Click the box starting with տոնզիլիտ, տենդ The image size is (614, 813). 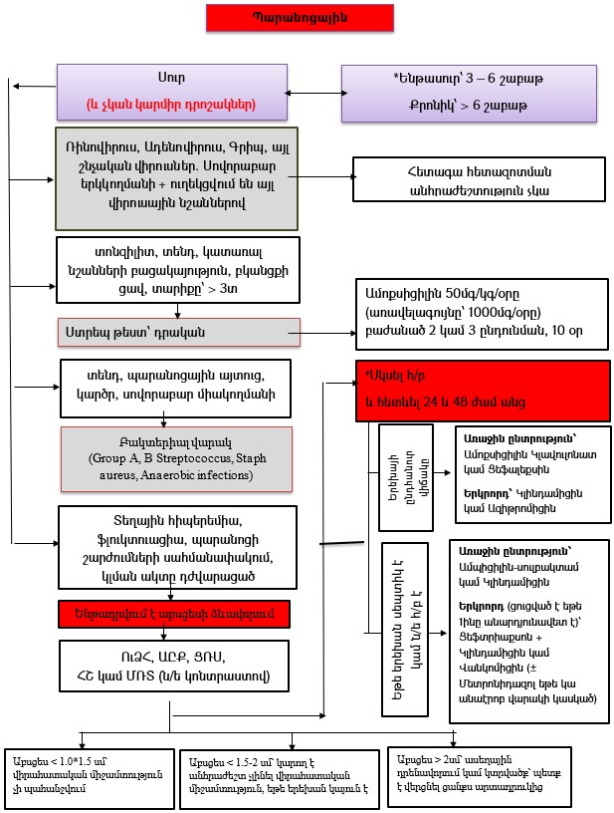[174, 268]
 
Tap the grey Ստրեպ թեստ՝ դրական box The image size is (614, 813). [179, 331]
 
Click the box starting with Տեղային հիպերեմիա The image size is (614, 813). [175, 547]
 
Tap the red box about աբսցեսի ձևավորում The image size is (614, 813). [174, 611]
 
